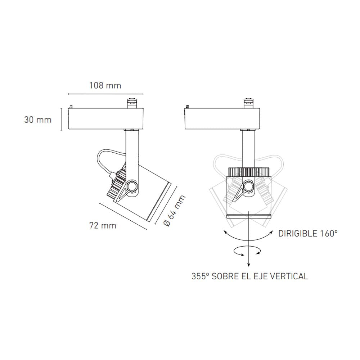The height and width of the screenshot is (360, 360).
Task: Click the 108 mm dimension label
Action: point(105,86)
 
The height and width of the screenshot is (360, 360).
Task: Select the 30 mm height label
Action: point(38,120)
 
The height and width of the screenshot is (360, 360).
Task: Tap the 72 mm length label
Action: point(103,226)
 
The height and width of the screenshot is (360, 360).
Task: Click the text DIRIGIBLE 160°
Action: point(308,233)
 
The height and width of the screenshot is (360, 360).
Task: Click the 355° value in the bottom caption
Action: point(200,276)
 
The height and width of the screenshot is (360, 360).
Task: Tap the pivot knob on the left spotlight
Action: point(132,186)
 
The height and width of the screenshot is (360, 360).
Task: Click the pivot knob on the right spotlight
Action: point(248,186)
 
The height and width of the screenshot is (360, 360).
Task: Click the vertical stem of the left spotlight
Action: point(131,151)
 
